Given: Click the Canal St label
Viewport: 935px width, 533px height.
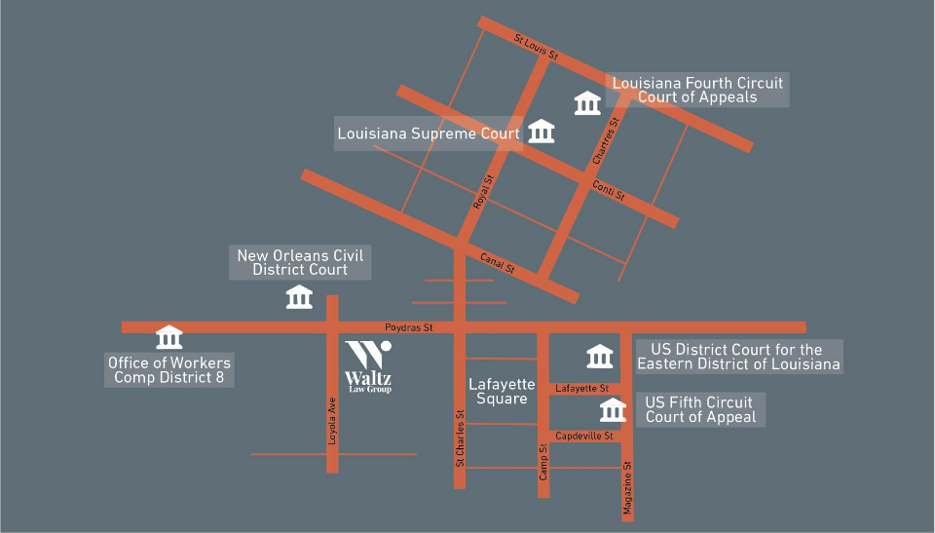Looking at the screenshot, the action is [x=497, y=263].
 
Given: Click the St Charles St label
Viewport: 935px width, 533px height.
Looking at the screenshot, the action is [x=460, y=435].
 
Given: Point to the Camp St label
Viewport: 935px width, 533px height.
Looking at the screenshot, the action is [x=543, y=461].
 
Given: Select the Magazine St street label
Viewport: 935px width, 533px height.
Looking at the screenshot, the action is [x=628, y=488].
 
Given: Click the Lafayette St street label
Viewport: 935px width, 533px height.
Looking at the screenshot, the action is [x=581, y=389].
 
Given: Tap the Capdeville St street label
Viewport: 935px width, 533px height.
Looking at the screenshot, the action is [x=582, y=437].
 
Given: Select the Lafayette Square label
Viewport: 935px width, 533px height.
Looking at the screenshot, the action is [x=498, y=391].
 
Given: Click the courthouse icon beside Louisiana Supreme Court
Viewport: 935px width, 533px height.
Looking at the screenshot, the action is [x=541, y=132].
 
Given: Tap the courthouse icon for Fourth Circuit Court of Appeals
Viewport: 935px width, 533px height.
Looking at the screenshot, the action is [x=587, y=102].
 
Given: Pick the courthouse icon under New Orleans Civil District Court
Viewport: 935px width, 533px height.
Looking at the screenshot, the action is [x=299, y=296].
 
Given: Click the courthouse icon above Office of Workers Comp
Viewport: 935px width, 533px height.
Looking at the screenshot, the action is [x=169, y=337].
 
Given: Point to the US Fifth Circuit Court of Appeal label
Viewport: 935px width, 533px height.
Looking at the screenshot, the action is [x=700, y=409].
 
